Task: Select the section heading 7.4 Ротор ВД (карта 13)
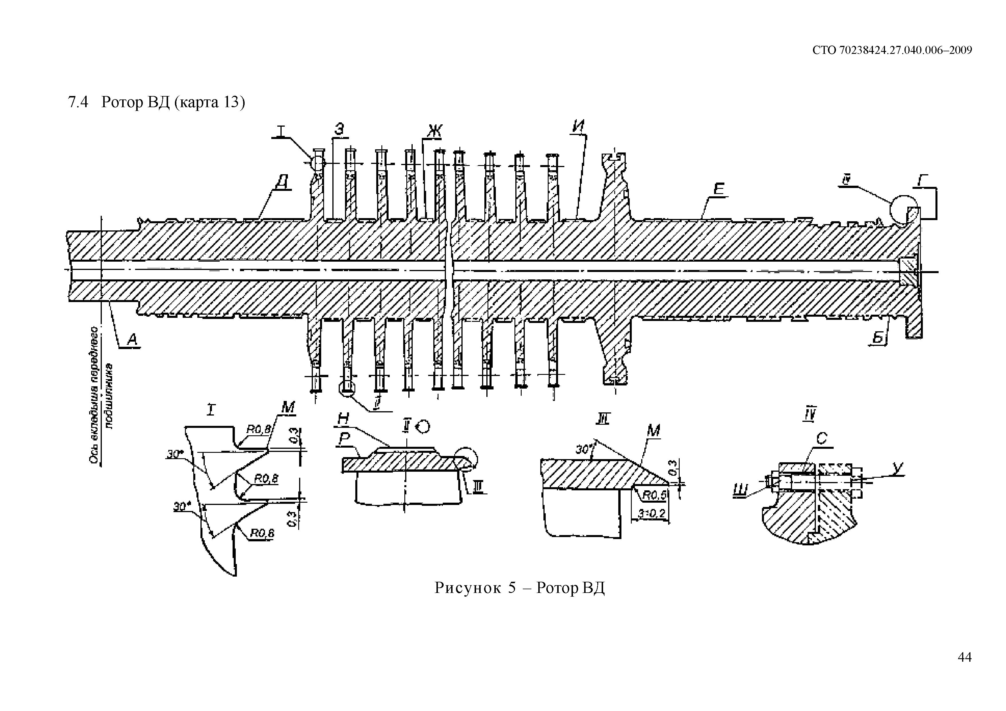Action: tap(156, 102)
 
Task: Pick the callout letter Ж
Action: tap(435, 130)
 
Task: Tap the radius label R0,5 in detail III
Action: tap(654, 495)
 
